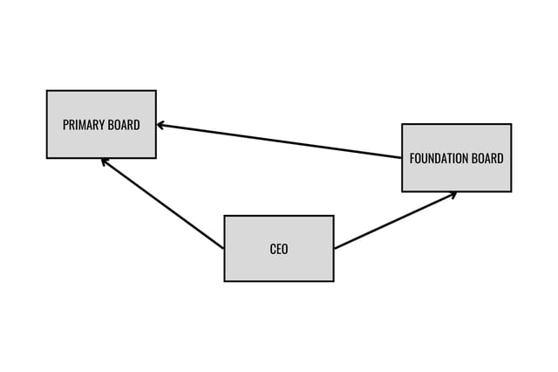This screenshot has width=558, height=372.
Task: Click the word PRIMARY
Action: coord(84,125)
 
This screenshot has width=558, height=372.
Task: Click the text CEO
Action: coord(279,249)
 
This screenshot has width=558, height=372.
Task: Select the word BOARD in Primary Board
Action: coord(124,125)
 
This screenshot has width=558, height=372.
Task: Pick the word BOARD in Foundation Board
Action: coord(487,159)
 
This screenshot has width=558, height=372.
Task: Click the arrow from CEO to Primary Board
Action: coord(163,204)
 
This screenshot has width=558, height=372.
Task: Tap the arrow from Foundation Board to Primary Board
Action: coord(279,141)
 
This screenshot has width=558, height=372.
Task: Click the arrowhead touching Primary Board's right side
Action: coord(160,125)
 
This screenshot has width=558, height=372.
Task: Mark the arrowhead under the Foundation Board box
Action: coord(453,194)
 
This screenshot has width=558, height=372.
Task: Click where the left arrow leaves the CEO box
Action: coord(224,249)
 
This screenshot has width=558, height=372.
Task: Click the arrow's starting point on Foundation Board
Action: coord(402,158)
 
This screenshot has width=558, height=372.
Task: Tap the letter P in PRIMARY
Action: coord(65,125)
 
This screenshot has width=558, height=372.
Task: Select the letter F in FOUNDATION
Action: coord(412,159)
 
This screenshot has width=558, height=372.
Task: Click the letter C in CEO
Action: coord(273,249)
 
